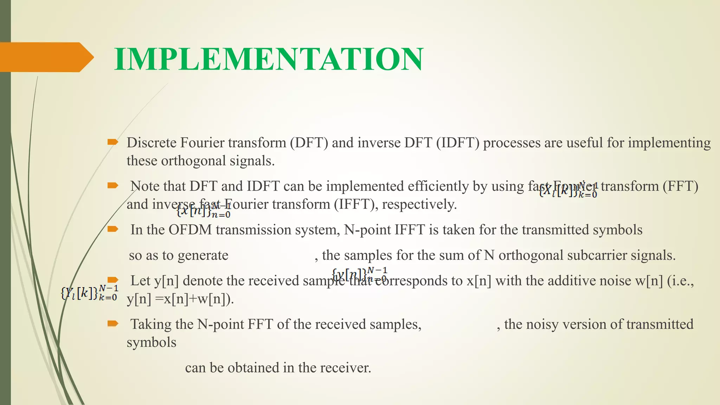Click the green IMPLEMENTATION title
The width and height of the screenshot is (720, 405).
(269, 59)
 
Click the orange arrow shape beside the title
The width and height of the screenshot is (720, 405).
(46, 57)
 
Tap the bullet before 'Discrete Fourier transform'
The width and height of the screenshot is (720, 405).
(112, 142)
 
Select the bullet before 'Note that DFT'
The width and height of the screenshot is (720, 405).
(112, 186)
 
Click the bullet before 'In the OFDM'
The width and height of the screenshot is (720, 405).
(112, 229)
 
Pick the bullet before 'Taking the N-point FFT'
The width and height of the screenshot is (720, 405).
(112, 323)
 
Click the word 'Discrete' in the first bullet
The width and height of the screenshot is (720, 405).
(152, 143)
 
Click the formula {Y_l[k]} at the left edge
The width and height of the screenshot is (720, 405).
(89, 293)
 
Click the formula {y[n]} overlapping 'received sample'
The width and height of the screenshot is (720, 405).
(359, 275)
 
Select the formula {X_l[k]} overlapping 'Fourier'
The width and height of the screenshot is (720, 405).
(568, 190)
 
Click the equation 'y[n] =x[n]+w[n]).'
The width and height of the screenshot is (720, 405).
(180, 299)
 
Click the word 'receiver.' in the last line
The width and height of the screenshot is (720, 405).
(352, 368)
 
